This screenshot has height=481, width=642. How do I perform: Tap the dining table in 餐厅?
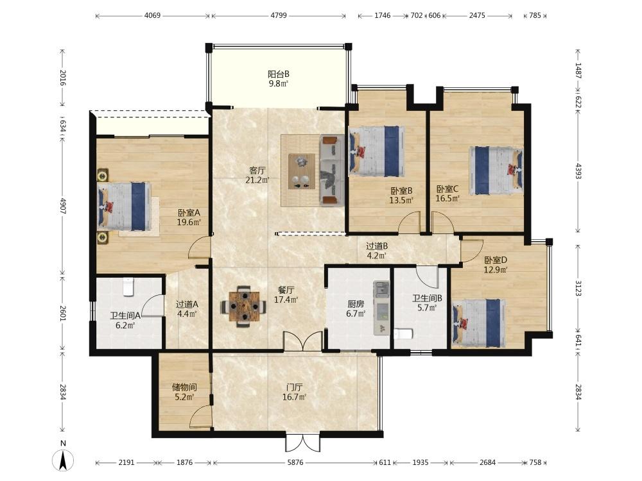click(245, 307)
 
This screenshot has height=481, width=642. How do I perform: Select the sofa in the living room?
click(331, 169)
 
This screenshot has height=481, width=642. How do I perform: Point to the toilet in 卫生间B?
click(403, 333)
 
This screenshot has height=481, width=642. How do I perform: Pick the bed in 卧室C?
click(496, 170)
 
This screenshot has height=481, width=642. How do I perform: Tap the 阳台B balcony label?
click(279, 79)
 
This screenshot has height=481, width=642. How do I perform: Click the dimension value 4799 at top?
click(279, 15)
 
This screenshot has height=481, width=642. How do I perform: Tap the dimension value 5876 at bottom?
click(295, 462)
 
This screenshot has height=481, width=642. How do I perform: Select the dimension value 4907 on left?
click(63, 206)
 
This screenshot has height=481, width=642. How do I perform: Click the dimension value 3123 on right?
click(578, 288)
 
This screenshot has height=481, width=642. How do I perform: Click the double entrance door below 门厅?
click(302, 442)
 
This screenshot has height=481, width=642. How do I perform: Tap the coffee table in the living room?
click(302, 171)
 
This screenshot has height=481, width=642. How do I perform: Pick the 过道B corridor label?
click(377, 251)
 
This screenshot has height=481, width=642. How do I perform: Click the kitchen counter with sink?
click(381, 308)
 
